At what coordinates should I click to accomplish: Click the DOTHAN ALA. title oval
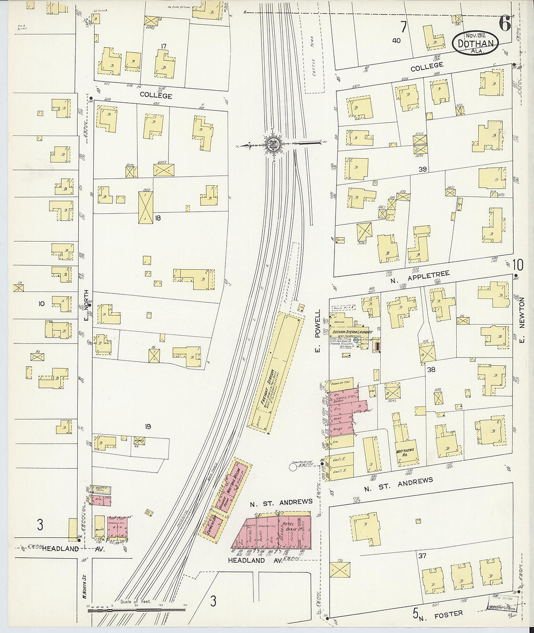[x=476, y=43]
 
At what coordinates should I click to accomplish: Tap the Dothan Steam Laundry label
[x=352, y=332]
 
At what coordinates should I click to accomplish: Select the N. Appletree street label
[x=420, y=277]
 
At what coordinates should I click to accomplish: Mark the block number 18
[x=157, y=218]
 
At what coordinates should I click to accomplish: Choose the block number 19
[x=148, y=426]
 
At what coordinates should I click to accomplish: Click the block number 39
[x=422, y=169]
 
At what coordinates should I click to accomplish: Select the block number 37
[x=422, y=555]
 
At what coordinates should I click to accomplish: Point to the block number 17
[x=164, y=47]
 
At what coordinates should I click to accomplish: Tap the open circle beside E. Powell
[x=293, y=467]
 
